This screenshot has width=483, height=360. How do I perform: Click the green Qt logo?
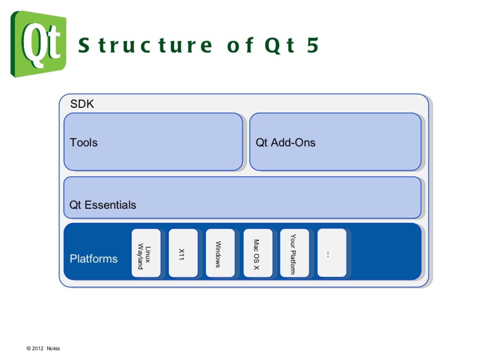click(x=38, y=44)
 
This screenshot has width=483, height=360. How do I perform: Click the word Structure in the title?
click(x=145, y=45)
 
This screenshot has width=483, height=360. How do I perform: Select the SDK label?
click(x=82, y=104)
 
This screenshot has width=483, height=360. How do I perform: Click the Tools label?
click(x=84, y=142)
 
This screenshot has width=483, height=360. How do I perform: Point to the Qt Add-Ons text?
click(x=285, y=142)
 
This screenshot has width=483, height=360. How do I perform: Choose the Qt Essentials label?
click(x=103, y=205)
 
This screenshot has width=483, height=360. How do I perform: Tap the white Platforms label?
click(x=94, y=259)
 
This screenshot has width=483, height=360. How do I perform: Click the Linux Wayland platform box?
click(x=146, y=253)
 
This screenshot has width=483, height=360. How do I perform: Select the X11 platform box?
click(x=183, y=253)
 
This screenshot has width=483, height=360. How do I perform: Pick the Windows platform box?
click(x=220, y=253)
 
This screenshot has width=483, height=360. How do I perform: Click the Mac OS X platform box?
click(x=258, y=253)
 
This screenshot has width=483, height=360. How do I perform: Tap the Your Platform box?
click(x=294, y=253)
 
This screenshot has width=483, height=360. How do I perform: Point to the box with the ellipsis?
click(x=332, y=253)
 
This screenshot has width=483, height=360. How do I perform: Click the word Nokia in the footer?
click(x=53, y=348)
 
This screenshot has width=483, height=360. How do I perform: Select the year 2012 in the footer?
click(x=38, y=348)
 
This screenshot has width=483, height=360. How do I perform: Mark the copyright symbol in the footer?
click(x=29, y=348)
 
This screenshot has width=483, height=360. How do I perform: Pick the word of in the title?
click(x=240, y=45)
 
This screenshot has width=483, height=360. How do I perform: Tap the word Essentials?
click(x=110, y=205)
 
